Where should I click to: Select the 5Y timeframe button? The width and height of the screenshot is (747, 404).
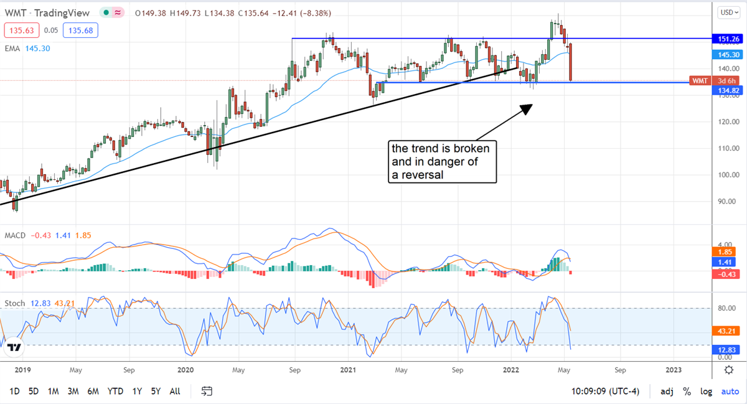coord(156,391)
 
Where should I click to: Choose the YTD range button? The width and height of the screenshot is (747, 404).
coord(115,391)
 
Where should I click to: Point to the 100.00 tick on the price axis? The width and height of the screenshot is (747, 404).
coord(724,175)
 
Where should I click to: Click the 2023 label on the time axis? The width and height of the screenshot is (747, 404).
coord(674,370)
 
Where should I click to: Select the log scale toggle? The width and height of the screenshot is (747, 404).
coord(706,391)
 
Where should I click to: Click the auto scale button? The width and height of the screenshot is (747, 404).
coord(730,391)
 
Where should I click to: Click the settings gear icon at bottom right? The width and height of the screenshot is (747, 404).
coord(728,370)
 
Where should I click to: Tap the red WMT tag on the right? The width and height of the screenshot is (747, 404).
coord(700,81)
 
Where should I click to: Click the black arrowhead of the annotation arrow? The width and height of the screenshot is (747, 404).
coord(527,108)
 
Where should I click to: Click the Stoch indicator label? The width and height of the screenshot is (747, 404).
coord(14,303)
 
